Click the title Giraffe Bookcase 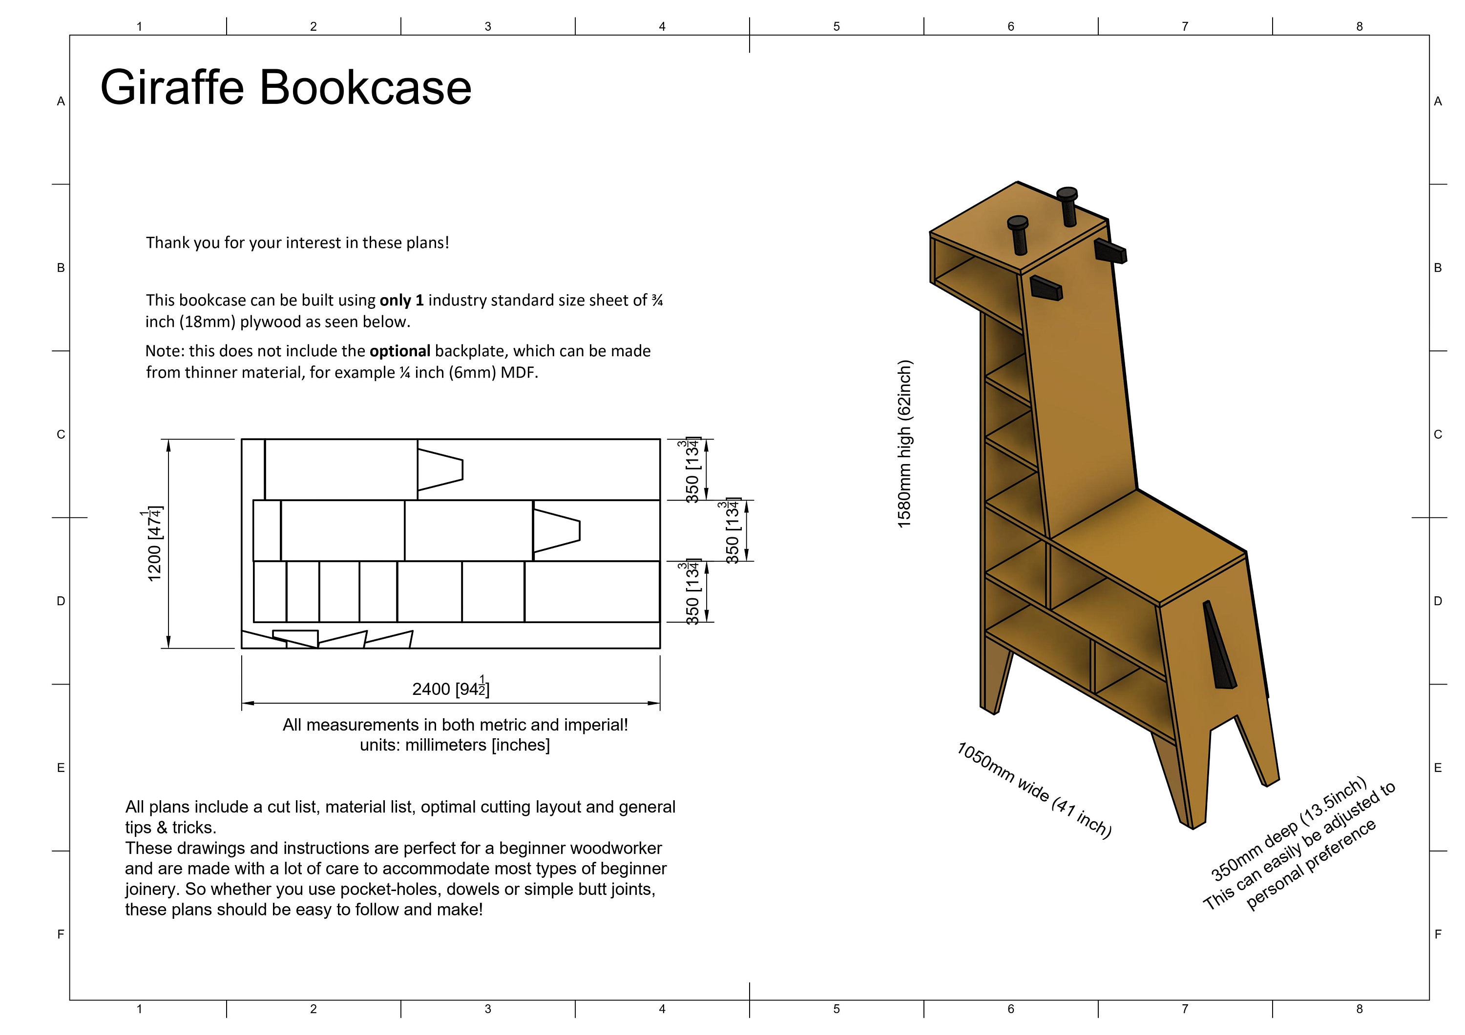click(285, 87)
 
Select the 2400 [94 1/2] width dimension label click(450, 688)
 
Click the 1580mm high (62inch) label click(905, 444)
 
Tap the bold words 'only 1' click(401, 301)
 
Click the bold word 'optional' click(399, 351)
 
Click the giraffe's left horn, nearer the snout click(1018, 233)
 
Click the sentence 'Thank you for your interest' click(297, 243)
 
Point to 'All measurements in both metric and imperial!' click(455, 725)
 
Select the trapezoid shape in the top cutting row click(439, 470)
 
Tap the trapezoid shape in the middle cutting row click(556, 530)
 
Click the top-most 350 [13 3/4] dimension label click(691, 470)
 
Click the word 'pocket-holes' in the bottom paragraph click(391, 889)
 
